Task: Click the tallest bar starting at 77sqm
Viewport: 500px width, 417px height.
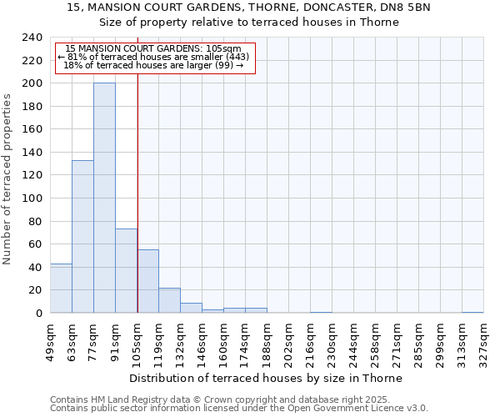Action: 104,198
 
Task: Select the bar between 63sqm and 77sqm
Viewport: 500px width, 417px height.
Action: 82,237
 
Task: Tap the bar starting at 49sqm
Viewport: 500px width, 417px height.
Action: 61,289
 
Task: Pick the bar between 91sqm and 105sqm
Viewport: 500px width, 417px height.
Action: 126,271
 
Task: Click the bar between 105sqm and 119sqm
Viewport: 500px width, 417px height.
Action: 147,281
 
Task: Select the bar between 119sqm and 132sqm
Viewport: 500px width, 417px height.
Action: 169,300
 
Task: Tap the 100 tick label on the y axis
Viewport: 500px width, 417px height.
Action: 32,198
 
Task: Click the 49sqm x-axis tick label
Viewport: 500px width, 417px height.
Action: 50,342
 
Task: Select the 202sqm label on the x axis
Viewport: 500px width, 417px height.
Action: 288,342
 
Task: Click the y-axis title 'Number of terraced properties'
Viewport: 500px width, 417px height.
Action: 7,178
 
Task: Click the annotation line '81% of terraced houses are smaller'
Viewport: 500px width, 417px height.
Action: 153,57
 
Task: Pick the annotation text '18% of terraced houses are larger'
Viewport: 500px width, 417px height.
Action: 153,65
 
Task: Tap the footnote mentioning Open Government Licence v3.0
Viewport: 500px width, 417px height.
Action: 239,409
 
